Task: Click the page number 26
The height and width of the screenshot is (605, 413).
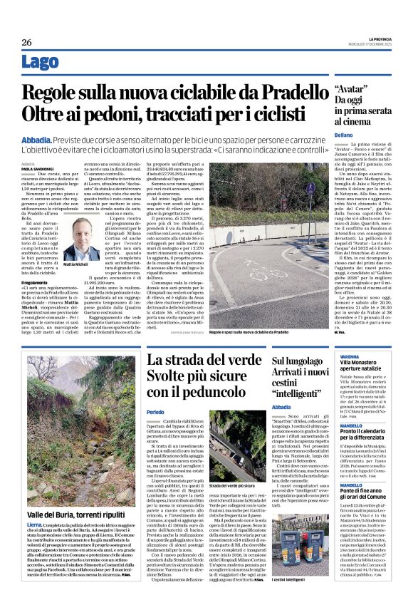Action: [x=27, y=42]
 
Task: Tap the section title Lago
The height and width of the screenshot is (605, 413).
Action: [x=41, y=63]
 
